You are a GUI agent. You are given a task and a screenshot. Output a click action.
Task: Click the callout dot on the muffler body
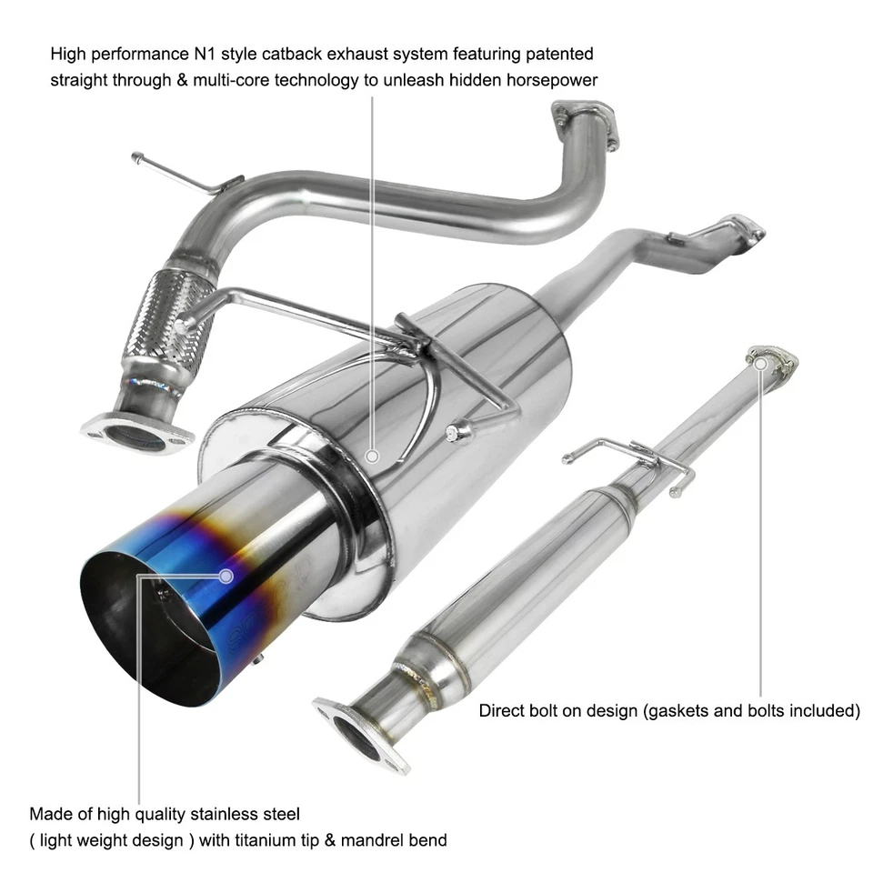pyautogui.click(x=372, y=455)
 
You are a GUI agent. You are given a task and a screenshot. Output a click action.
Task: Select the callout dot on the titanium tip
pyautogui.click(x=226, y=575)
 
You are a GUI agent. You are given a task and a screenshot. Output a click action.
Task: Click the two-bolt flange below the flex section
pyautogui.click(x=136, y=432)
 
